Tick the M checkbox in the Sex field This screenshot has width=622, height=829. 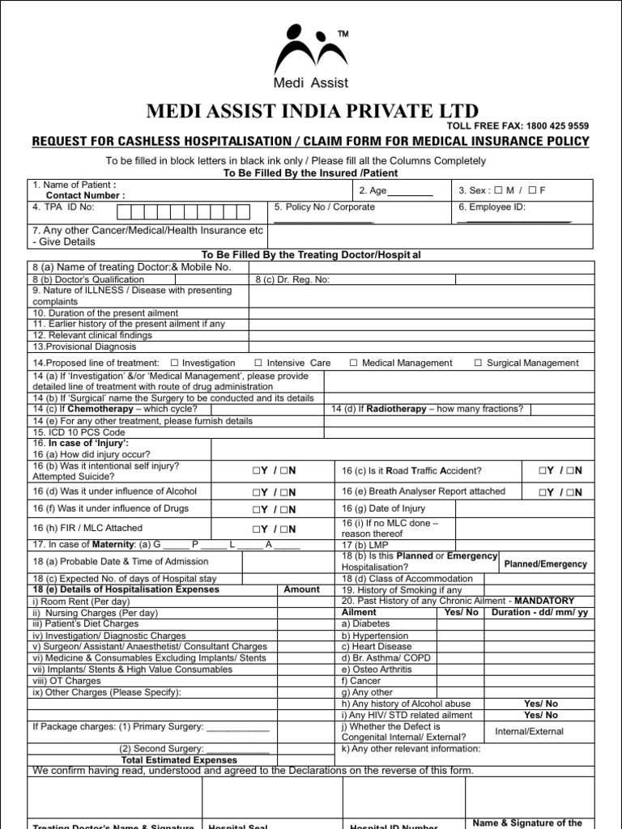point(498,190)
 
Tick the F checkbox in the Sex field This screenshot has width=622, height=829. point(531,190)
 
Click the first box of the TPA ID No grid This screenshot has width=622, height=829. point(125,213)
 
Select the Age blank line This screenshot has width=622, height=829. point(414,192)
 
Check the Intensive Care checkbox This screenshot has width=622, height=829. point(258,363)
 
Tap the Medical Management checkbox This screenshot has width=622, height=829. point(354,363)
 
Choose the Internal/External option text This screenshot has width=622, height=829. point(529,731)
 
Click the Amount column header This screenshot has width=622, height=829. point(301,589)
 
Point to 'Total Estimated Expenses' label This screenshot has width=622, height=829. point(179,760)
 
